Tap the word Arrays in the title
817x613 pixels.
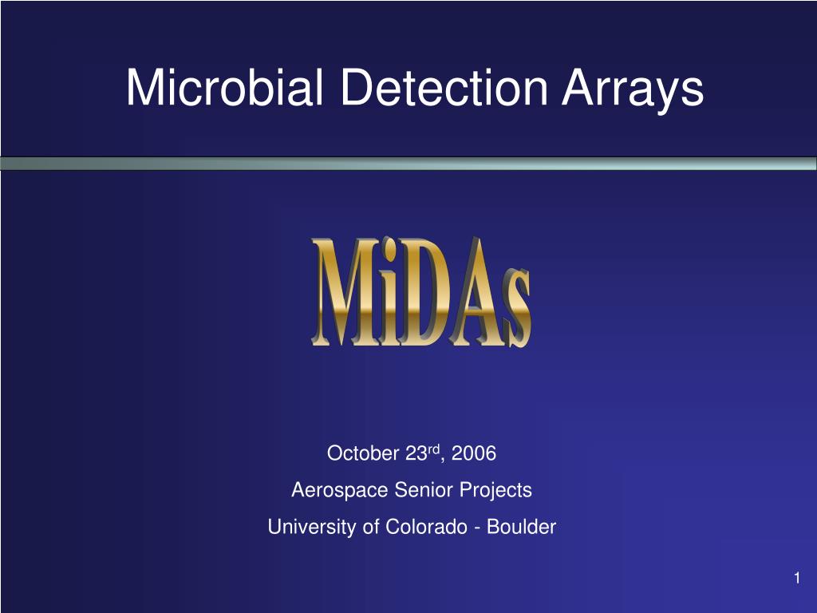[x=633, y=91]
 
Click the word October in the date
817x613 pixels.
[x=363, y=453]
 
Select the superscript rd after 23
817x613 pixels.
[x=434, y=449]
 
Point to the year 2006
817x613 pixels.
[x=474, y=453]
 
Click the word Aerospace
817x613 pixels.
[x=339, y=491]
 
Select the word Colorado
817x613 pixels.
[x=426, y=527]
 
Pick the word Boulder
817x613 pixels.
[x=521, y=527]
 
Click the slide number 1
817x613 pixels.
[x=797, y=578]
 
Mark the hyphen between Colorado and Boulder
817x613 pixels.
[x=477, y=529]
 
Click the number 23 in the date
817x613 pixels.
[x=416, y=453]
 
